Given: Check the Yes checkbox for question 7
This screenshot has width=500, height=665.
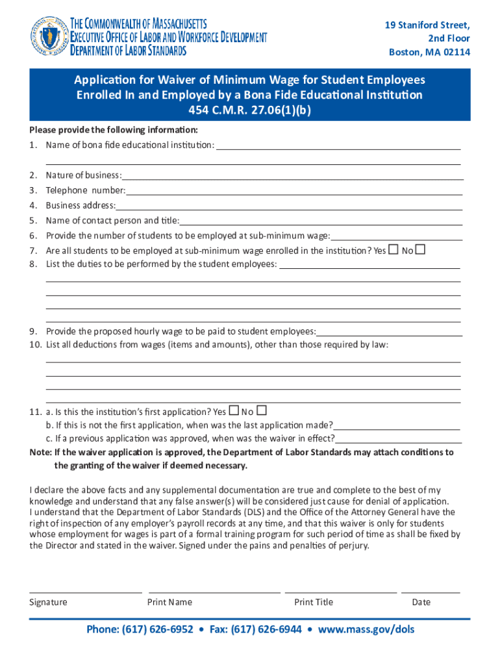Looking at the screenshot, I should pos(393,250).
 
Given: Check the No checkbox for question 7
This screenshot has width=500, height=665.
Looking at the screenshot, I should pos(420,250).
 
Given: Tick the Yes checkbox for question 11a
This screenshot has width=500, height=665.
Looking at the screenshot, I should pos(233,411).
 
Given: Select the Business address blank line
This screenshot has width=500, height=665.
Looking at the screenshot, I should pos(289,208).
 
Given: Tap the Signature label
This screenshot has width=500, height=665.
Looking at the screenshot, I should pos(48,602).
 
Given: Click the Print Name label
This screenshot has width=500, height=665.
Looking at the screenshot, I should pos(169,602).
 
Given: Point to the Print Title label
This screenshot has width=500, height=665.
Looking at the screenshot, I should pos(314,602).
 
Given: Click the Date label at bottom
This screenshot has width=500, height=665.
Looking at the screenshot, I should pos(421,602).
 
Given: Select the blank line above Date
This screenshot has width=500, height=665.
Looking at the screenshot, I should pos(431,592).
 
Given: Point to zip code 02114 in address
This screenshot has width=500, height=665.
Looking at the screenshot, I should pos(455,53).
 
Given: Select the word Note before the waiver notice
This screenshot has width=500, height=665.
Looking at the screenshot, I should pos(40,452).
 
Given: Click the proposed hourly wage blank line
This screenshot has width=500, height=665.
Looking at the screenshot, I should pos(390,334).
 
